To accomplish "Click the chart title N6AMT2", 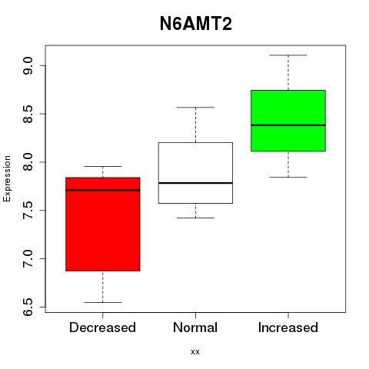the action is click(x=196, y=24).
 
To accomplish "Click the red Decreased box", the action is click(x=103, y=224).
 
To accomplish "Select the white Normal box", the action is click(x=195, y=173).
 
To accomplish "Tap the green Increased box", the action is click(x=288, y=121).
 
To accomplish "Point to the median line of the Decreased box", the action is click(x=103, y=190).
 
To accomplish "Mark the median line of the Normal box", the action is click(x=195, y=183).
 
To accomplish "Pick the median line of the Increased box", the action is click(x=288, y=125).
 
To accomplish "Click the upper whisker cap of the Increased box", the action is click(x=288, y=55).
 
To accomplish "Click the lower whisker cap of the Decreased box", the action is click(x=103, y=302).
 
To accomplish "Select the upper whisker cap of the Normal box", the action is click(x=195, y=108).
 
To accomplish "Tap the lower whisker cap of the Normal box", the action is click(x=195, y=218).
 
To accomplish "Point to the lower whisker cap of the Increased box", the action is click(x=288, y=177).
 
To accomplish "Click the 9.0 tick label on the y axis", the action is click(x=28, y=65).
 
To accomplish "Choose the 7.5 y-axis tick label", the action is click(x=28, y=211).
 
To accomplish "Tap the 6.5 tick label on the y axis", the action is click(x=28, y=307).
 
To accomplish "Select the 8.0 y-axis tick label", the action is click(x=28, y=162).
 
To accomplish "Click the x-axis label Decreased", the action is click(x=102, y=327).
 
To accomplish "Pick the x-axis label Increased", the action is click(x=288, y=327).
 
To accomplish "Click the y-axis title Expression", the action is click(x=7, y=178).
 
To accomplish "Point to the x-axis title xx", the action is click(x=195, y=352).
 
